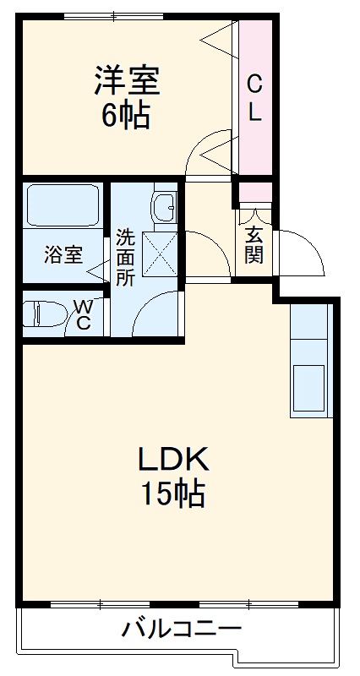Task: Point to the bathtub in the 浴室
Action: click(x=63, y=205)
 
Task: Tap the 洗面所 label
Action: click(x=125, y=256)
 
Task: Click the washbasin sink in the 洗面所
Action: click(x=163, y=205)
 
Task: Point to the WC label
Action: click(x=85, y=314)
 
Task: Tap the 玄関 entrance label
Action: click(x=254, y=244)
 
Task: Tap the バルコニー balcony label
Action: click(x=181, y=629)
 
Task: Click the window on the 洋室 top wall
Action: click(x=114, y=15)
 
